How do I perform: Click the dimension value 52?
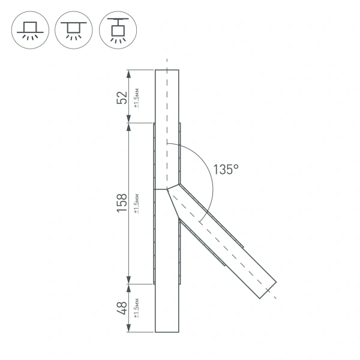click(x=122, y=97)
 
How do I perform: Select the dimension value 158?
click(x=122, y=203)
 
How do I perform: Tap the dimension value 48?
click(x=122, y=308)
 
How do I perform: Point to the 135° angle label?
click(x=226, y=170)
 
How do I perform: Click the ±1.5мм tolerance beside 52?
click(x=137, y=97)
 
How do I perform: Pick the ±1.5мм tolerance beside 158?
click(x=137, y=203)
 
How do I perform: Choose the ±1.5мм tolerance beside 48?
click(x=137, y=308)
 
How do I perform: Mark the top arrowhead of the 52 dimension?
click(x=128, y=74)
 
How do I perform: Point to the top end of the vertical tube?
click(x=167, y=71)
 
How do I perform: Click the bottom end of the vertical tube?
click(x=167, y=331)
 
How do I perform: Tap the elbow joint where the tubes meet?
click(x=168, y=187)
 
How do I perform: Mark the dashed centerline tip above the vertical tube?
click(x=167, y=60)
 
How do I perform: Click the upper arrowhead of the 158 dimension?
click(x=128, y=127)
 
